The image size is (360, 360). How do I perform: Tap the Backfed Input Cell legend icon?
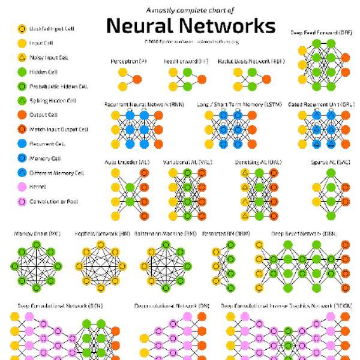21,28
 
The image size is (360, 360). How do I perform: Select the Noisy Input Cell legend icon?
21,57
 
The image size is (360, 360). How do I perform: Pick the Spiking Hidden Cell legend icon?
21,101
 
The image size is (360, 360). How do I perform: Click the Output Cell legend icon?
21,115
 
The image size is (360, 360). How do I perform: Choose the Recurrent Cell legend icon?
21,144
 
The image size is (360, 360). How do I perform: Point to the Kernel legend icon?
21,187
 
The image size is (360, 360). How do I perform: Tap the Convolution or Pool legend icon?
21,202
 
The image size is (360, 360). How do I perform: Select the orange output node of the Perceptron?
137,79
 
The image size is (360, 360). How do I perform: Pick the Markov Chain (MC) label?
38,233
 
